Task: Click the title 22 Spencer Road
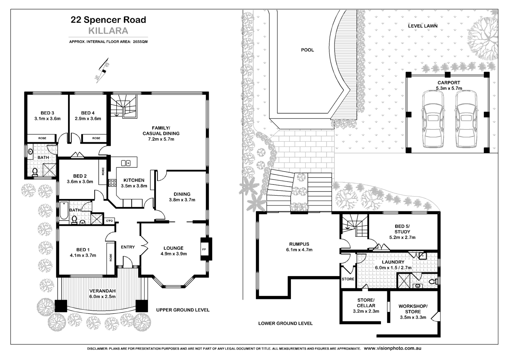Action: click(x=108, y=20)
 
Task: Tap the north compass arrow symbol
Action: click(x=102, y=71)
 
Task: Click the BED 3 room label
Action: click(x=47, y=113)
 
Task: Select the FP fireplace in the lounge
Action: click(x=204, y=249)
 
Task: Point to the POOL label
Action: click(x=307, y=50)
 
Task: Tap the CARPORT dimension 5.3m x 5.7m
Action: click(x=449, y=88)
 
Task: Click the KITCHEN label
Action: click(x=134, y=180)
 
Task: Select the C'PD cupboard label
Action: click(x=109, y=221)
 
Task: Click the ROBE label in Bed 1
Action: click(x=110, y=257)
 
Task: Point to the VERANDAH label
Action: click(x=103, y=291)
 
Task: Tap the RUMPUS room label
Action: click(x=299, y=244)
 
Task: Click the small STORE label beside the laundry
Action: click(x=348, y=279)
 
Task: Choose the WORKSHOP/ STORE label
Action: click(x=413, y=309)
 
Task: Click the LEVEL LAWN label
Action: click(x=422, y=26)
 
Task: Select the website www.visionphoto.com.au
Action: click(x=392, y=348)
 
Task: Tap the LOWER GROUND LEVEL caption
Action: click(x=285, y=323)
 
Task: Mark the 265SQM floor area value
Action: click(x=140, y=42)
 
